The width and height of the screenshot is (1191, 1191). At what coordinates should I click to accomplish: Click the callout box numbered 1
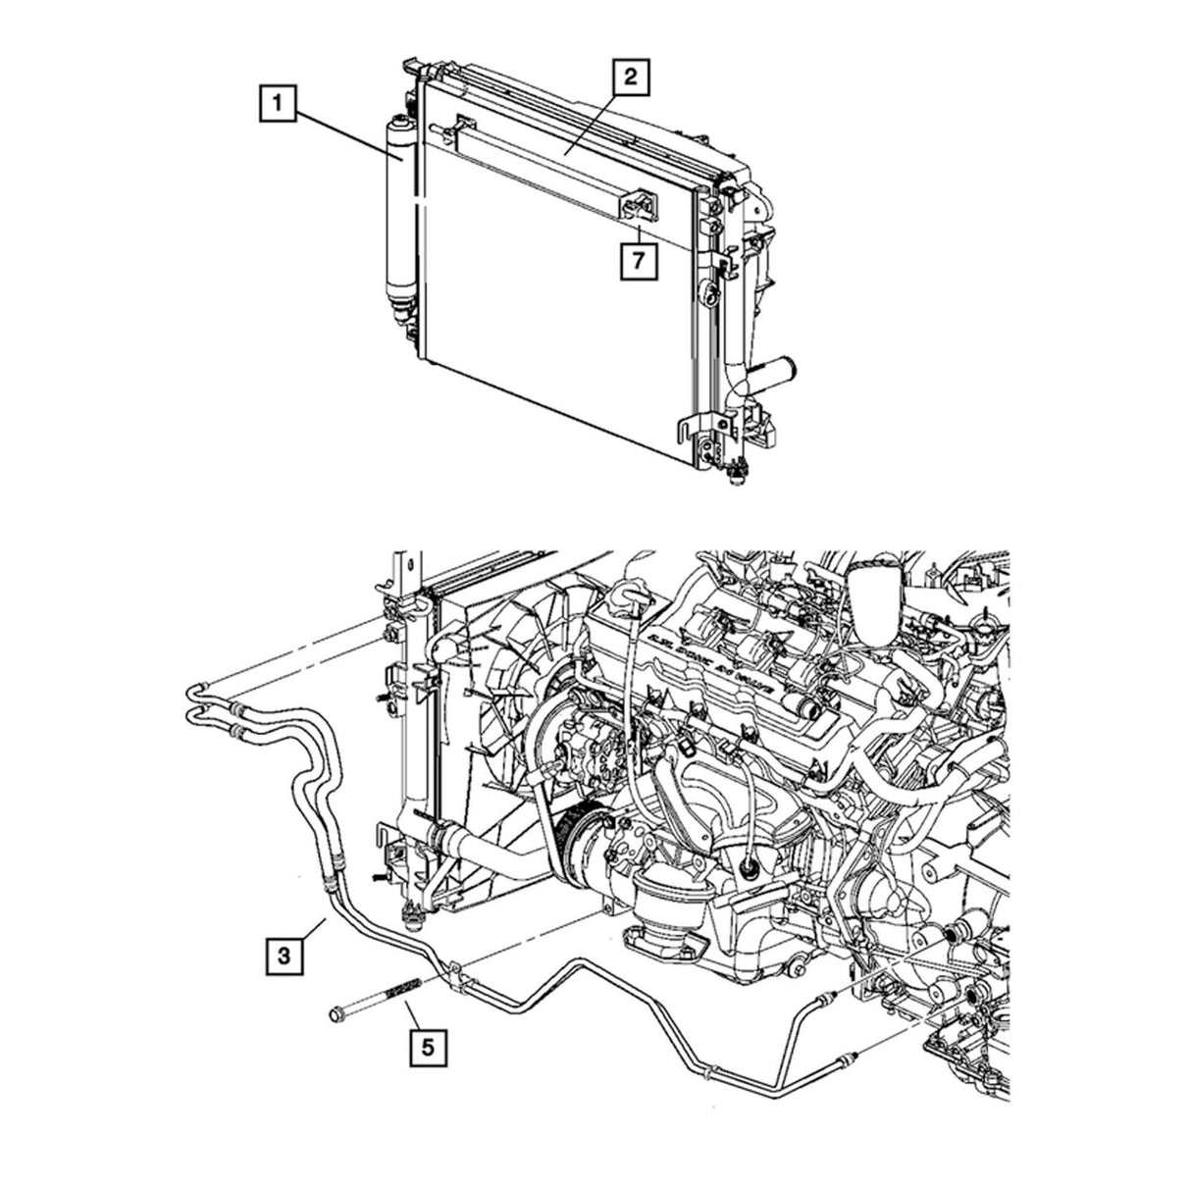pos(280,102)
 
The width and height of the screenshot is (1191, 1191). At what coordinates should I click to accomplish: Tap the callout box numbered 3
pos(284,953)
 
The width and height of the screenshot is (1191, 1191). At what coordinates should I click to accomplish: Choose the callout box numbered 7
pos(638,261)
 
